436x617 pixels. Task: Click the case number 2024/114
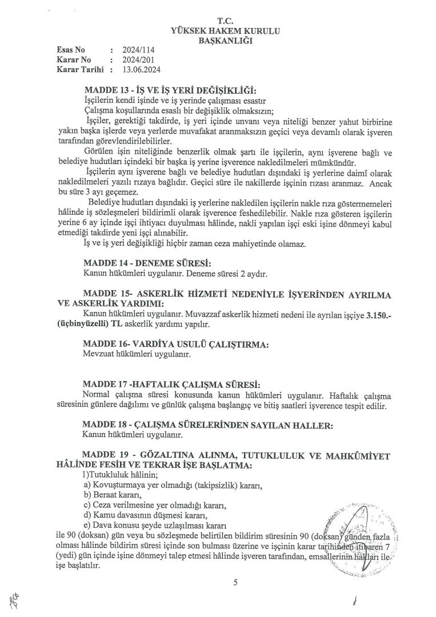tap(138, 50)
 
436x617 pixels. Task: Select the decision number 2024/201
tap(138, 59)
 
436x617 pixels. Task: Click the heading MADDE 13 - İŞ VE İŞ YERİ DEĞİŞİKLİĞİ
tap(170, 91)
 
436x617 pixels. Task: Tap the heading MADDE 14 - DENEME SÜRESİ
tap(147, 263)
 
